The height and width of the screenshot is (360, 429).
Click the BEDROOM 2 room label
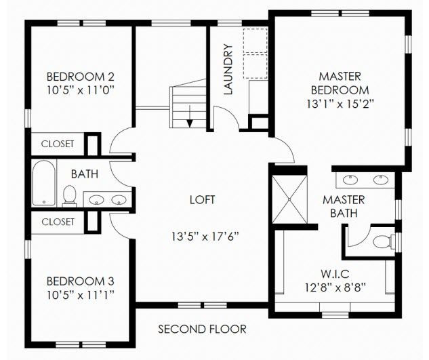[80, 77]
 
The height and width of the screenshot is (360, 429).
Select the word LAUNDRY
[228, 70]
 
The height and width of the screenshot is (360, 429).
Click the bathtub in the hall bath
[44, 183]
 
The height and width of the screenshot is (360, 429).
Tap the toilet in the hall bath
[69, 195]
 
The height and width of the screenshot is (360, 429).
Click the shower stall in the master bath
[290, 199]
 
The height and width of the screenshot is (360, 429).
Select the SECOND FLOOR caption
[202, 329]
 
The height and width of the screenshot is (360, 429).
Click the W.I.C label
[335, 273]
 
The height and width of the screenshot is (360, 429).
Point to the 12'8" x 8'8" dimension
[335, 287]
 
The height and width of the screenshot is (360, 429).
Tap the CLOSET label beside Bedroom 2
[58, 144]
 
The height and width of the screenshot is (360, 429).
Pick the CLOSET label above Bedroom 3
[58, 222]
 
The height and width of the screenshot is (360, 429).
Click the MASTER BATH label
[344, 206]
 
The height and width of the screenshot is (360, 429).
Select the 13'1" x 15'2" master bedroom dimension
[340, 104]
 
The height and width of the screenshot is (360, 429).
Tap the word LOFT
[203, 200]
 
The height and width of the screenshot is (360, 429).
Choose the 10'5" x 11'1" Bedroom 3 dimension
[80, 296]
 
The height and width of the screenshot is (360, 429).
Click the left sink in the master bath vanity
[350, 180]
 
